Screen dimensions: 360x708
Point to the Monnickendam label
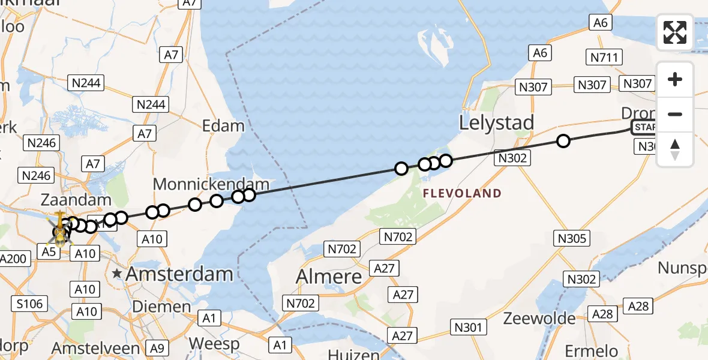(212, 184)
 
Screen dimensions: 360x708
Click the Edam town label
(223, 126)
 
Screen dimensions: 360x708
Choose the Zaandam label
(76, 200)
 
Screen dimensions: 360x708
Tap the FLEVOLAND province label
(462, 193)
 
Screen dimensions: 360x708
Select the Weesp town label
(214, 344)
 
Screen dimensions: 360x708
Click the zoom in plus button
(675, 79)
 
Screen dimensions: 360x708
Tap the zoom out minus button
(675, 114)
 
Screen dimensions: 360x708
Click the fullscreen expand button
(675, 32)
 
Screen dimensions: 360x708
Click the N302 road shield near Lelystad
(512, 158)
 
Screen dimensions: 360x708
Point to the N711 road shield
(604, 58)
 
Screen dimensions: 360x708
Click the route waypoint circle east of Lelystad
(563, 141)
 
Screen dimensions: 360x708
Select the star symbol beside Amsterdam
(117, 274)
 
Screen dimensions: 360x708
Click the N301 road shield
(467, 327)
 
